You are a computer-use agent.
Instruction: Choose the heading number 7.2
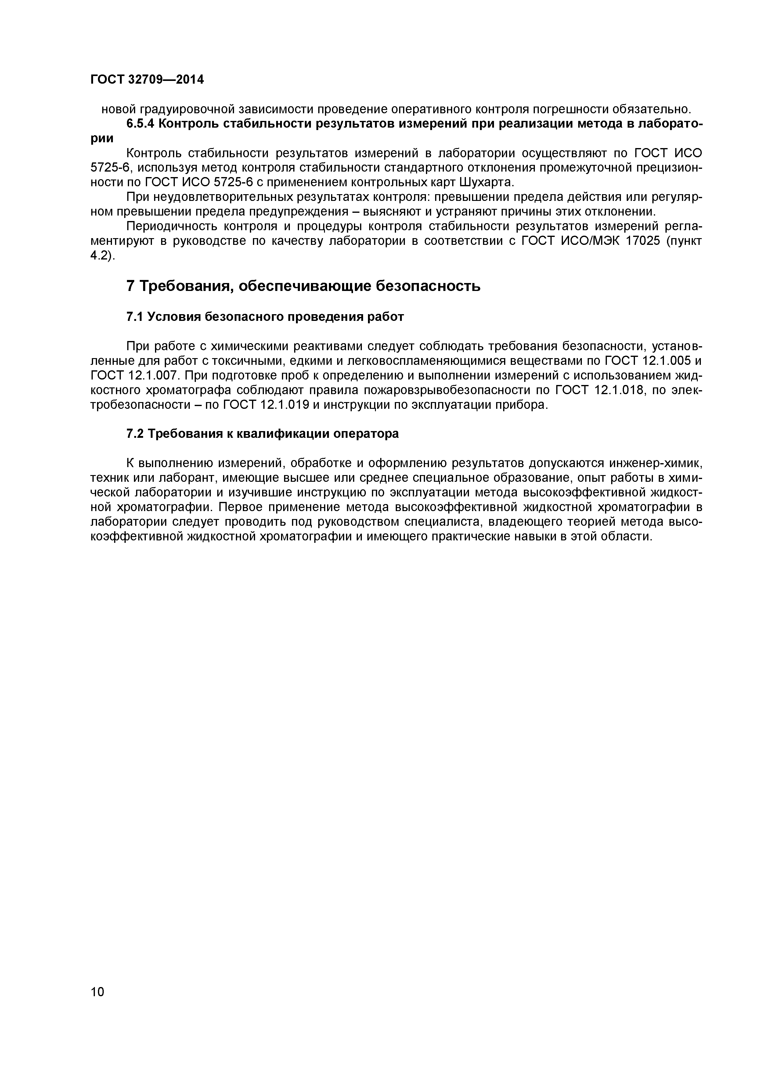tap(135, 434)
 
